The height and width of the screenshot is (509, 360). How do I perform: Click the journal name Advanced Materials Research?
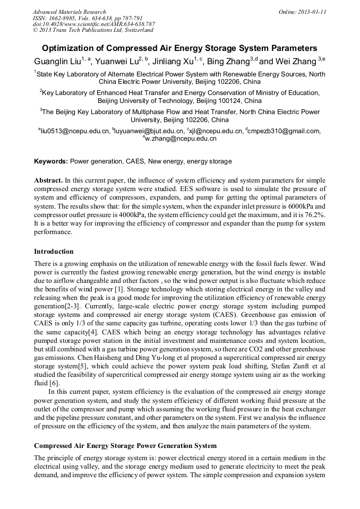click(x=69, y=12)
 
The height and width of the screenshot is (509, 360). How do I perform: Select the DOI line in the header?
click(x=94, y=24)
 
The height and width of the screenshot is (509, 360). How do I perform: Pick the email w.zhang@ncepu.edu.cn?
click(x=181, y=139)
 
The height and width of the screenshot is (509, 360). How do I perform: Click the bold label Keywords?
click(x=51, y=161)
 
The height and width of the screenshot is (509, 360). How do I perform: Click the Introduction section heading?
click(x=54, y=251)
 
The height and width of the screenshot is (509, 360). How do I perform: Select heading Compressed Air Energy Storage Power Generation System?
click(x=125, y=445)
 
